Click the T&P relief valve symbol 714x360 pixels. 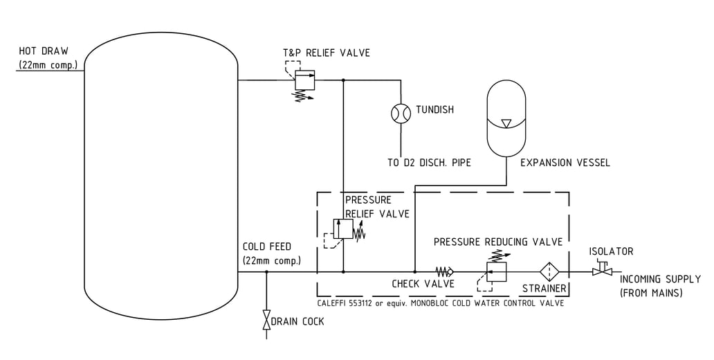pyautogui.click(x=305, y=80)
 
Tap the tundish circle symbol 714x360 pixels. pyautogui.click(x=400, y=113)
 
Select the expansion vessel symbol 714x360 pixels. pyautogui.click(x=507, y=119)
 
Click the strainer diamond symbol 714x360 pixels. pyautogui.click(x=549, y=272)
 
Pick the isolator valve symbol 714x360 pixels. pyautogui.click(x=602, y=271)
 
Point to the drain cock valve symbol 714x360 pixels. pyautogui.click(x=266, y=321)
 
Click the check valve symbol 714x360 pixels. pyautogui.click(x=443, y=271)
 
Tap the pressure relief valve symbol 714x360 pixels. pyautogui.click(x=343, y=229)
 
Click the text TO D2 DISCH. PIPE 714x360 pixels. pyautogui.click(x=429, y=163)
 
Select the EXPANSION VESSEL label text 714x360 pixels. pyautogui.click(x=565, y=163)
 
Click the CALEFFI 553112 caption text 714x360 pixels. pyautogui.click(x=440, y=303)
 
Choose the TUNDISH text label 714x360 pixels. pyautogui.click(x=434, y=109)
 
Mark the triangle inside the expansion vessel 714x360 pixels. pyautogui.click(x=506, y=123)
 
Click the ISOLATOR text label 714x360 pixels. pyautogui.click(x=611, y=251)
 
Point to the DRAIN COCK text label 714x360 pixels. pyautogui.click(x=297, y=321)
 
